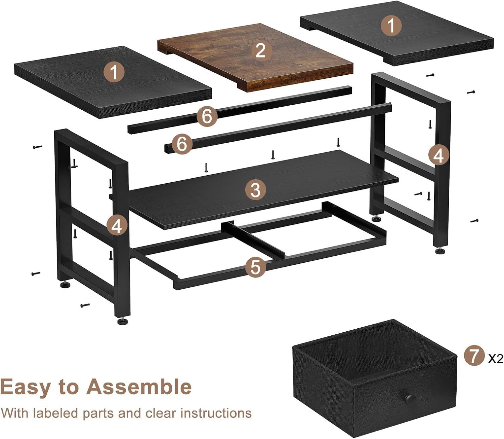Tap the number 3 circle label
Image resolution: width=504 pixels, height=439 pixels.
point(255,190)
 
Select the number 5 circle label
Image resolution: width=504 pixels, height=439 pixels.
point(255,267)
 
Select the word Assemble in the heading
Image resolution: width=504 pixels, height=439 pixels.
point(139,387)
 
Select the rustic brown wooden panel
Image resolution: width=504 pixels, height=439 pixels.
point(255,58)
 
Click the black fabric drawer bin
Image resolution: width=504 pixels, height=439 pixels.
point(374,379)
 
